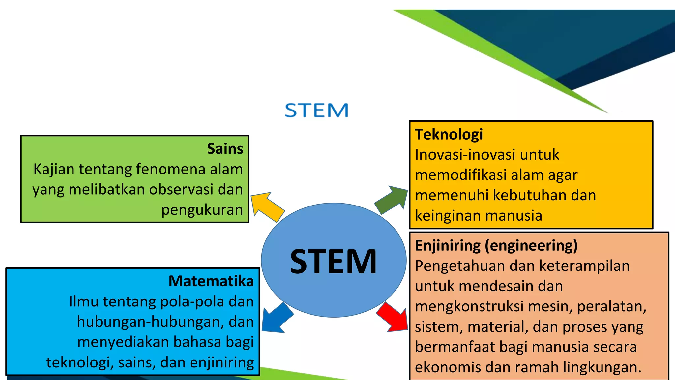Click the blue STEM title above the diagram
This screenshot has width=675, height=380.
coord(316,110)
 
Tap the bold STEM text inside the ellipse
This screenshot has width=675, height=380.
coord(333,262)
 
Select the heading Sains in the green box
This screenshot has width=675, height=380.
coord(225,149)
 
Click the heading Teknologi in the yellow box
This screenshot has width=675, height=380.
coord(449,134)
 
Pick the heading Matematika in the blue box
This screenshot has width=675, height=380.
coord(211,281)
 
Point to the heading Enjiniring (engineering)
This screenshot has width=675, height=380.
coord(496,246)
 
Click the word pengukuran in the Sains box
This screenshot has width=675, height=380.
coord(202,210)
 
